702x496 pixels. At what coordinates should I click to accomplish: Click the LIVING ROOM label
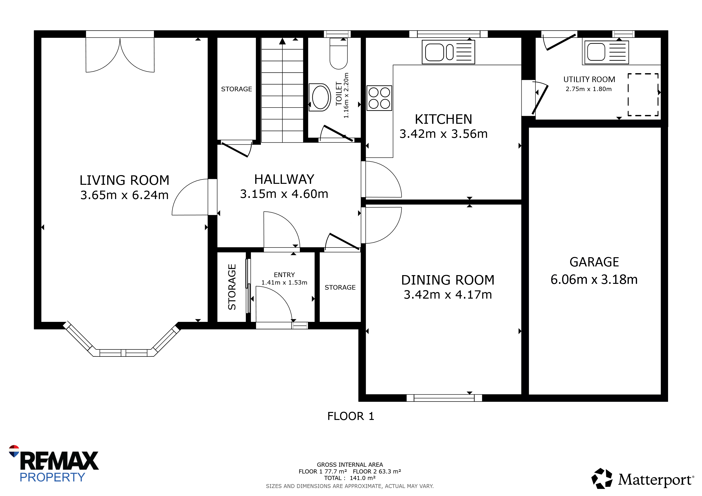tap(124, 180)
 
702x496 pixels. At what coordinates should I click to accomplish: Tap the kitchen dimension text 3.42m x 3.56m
tap(443, 134)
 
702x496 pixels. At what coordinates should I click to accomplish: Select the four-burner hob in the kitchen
tap(379, 98)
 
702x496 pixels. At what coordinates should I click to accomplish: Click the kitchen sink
tap(448, 52)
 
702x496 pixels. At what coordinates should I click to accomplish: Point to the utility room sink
tap(606, 52)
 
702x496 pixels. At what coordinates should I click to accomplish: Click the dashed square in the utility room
tap(643, 95)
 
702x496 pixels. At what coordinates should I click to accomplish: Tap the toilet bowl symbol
tap(338, 54)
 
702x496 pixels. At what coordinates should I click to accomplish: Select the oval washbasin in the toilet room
tap(320, 97)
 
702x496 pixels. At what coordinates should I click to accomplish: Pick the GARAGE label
tap(594, 262)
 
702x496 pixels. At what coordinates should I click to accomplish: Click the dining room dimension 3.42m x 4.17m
tap(448, 295)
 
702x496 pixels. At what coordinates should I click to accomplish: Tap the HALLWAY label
tap(284, 179)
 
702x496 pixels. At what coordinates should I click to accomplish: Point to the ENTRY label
tap(284, 275)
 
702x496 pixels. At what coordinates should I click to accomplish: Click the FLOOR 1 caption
tap(351, 416)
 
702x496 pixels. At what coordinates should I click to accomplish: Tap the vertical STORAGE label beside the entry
tap(232, 287)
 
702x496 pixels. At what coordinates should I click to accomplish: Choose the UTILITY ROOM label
tap(589, 79)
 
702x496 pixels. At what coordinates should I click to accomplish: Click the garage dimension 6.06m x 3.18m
tap(594, 279)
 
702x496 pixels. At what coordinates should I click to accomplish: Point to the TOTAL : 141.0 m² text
tap(350, 478)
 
